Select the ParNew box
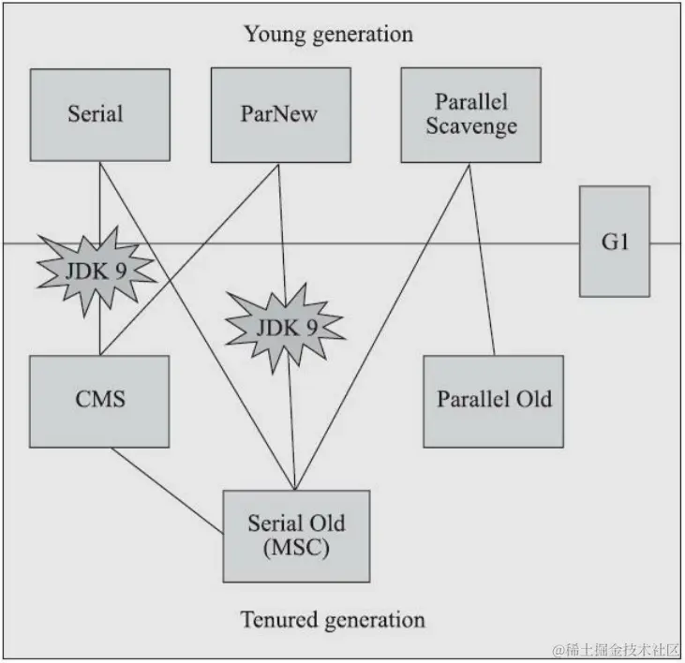tap(279, 114)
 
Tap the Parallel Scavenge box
tap(471, 114)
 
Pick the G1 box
tap(615, 241)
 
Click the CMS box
tap(99, 400)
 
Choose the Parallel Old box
tap(494, 400)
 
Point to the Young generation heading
tap(328, 36)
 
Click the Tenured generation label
tap(332, 620)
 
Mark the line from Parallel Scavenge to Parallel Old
tap(482, 262)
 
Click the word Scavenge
tap(471, 125)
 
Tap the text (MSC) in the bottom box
tap(296, 548)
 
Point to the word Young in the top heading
tap(271, 36)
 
